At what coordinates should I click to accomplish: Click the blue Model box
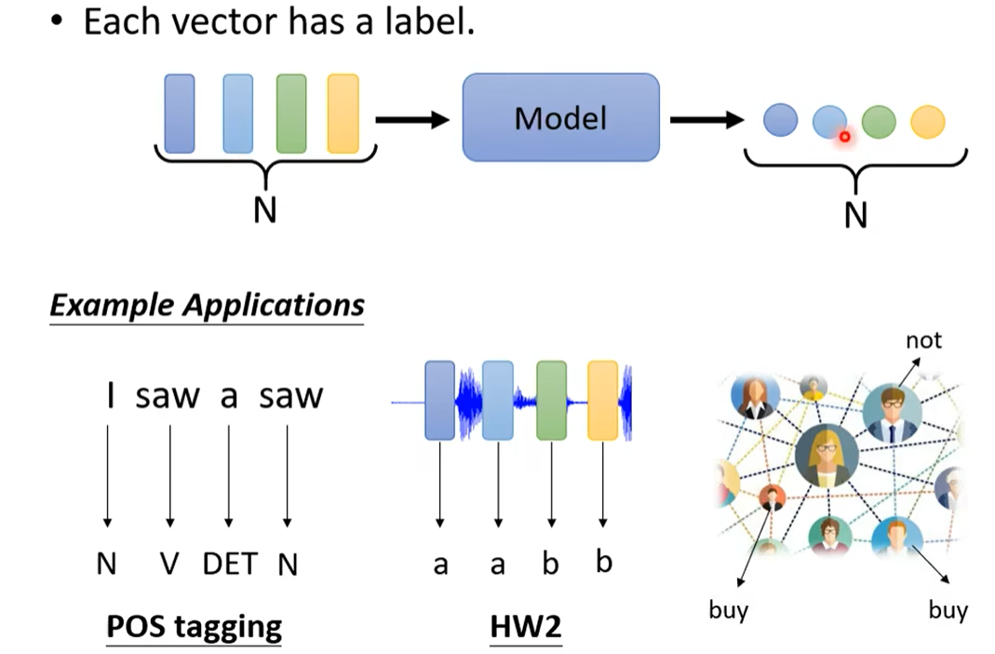[560, 117]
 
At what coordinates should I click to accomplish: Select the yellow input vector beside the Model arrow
[343, 114]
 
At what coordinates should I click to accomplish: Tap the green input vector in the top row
[291, 114]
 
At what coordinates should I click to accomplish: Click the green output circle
[878, 121]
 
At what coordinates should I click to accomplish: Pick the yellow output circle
[927, 121]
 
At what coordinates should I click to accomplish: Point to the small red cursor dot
[845, 137]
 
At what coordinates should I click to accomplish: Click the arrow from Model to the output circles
[706, 119]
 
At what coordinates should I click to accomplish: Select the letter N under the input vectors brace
[265, 211]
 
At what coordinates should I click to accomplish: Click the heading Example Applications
[207, 306]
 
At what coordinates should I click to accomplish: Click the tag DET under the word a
[229, 565]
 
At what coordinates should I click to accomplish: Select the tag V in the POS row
[168, 565]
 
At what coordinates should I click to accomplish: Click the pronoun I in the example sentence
[110, 396]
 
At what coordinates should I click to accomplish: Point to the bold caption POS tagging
[194, 626]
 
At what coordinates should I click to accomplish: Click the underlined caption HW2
[526, 627]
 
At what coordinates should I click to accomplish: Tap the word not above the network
[923, 340]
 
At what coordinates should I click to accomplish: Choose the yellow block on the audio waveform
[603, 400]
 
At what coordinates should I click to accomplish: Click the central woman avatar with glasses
[827, 456]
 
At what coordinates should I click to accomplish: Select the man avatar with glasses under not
[892, 413]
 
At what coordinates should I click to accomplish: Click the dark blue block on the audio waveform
[439, 401]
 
